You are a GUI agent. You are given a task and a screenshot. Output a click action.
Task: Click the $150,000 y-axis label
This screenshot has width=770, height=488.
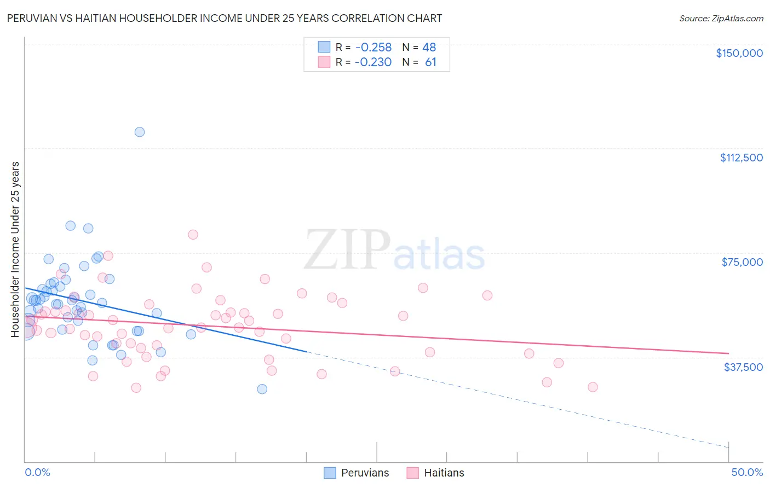tap(739, 53)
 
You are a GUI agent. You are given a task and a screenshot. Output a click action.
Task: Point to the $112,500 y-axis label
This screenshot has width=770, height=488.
tap(741, 158)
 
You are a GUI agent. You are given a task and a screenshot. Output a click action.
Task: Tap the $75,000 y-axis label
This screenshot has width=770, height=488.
tap(742, 262)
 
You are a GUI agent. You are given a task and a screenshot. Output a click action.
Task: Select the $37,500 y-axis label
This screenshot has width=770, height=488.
tap(743, 367)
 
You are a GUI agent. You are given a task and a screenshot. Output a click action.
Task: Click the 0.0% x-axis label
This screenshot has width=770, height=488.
tap(37, 473)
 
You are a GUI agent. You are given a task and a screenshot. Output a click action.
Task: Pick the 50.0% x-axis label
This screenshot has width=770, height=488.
tap(747, 473)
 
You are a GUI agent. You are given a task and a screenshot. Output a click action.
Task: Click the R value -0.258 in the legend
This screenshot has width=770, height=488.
tap(373, 47)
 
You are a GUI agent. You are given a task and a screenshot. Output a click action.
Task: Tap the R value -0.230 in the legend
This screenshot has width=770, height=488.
tap(373, 62)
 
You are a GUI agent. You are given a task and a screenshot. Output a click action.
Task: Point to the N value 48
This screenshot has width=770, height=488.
tap(429, 47)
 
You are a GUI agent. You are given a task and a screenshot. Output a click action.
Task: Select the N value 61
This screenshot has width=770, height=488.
tap(430, 62)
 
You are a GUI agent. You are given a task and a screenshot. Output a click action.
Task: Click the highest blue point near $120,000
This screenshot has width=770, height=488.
tap(140, 132)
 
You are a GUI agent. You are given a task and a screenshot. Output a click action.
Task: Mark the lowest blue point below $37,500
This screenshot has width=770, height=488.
tap(262, 389)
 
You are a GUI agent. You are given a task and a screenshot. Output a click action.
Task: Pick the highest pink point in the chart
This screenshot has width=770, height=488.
tap(193, 235)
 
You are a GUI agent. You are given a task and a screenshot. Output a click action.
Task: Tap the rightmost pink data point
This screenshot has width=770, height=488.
tap(593, 387)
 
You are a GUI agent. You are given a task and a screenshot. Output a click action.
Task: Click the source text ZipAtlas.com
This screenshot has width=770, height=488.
tap(721, 19)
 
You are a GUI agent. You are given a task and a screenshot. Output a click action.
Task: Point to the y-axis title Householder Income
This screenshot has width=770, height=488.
tap(15, 249)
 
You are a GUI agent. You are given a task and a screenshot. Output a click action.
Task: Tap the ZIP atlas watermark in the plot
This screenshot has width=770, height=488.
tap(394, 251)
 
